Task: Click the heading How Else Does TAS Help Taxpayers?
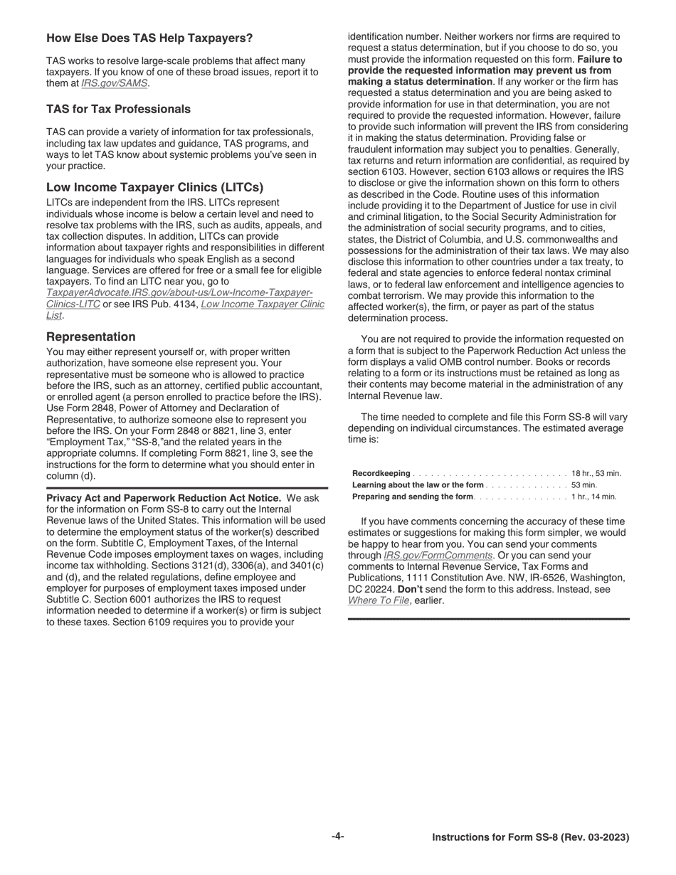click(149, 38)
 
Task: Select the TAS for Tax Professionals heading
click(118, 109)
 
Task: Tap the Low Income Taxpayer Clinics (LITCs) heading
click(154, 187)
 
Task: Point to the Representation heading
click(90, 336)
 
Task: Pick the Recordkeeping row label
click(381, 474)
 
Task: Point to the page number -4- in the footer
click(337, 837)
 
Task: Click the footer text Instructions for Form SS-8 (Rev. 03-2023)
click(530, 837)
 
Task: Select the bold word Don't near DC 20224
click(409, 589)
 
